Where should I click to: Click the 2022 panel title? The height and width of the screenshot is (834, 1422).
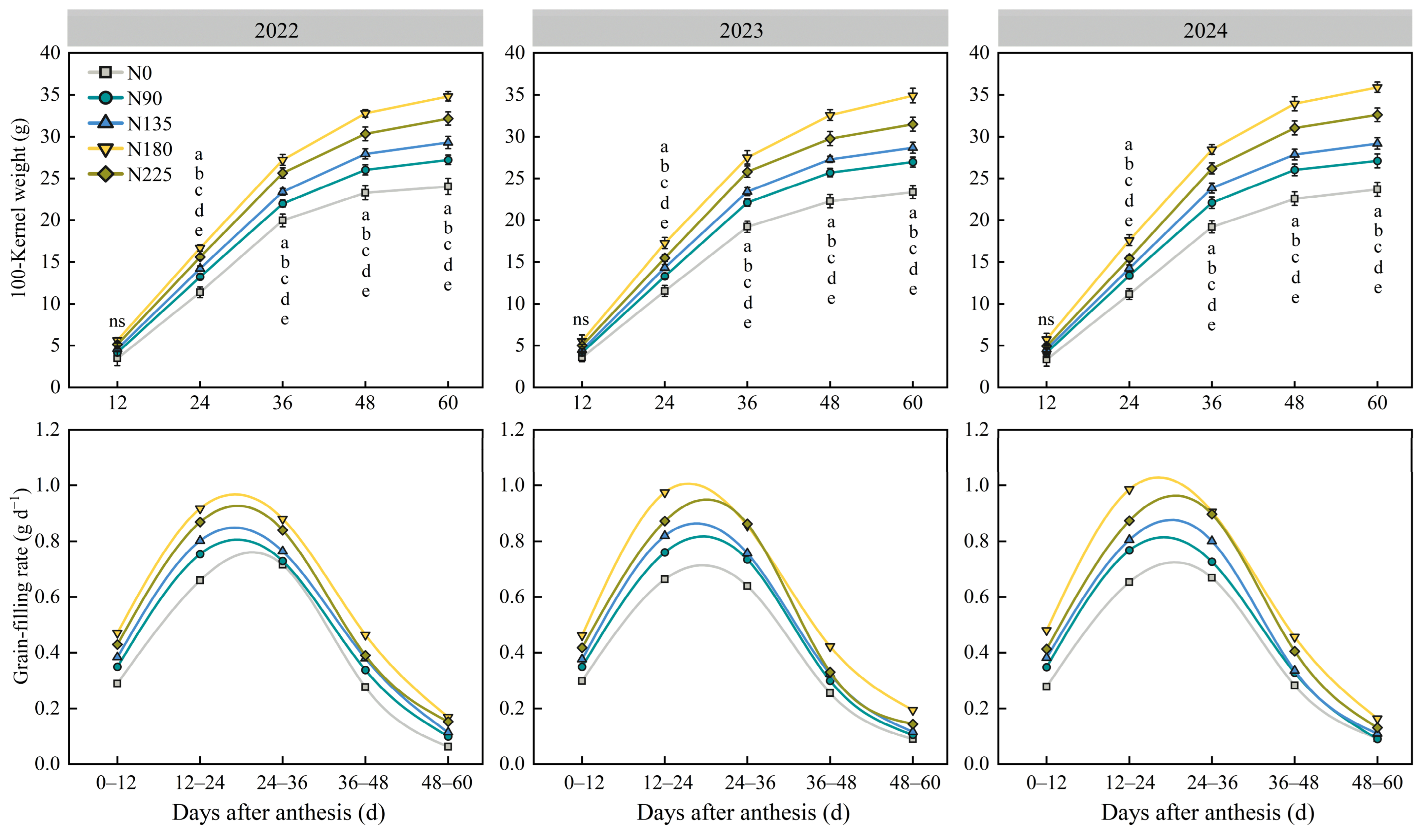coord(276,30)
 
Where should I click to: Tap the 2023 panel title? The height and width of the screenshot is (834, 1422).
coord(741,30)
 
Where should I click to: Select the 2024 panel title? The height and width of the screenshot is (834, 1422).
coord(1205,30)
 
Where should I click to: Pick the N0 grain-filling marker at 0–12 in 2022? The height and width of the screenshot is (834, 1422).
coord(117,683)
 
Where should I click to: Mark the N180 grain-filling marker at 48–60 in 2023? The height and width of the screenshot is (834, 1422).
coord(913,710)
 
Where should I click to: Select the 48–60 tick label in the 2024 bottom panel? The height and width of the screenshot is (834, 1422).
coord(1377,783)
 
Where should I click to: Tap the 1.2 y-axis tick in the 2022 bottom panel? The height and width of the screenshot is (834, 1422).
coord(47,430)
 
